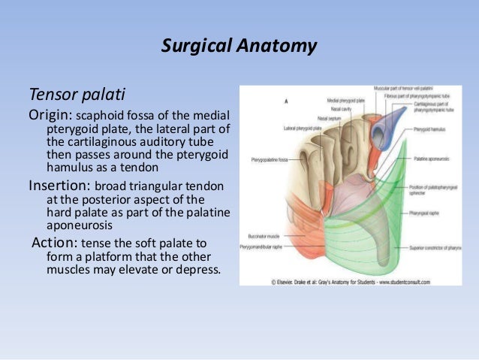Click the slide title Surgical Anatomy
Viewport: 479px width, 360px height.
pos(239,47)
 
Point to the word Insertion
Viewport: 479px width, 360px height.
pos(55,185)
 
